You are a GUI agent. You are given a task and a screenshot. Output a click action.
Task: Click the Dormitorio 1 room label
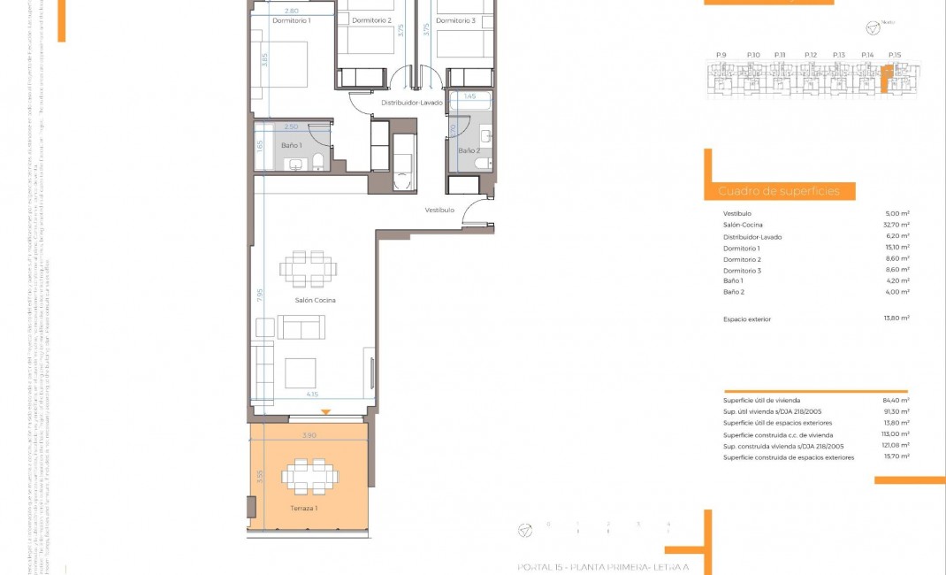291,20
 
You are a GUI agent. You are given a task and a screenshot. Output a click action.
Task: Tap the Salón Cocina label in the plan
316,301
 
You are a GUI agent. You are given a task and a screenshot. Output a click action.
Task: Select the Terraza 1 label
305,509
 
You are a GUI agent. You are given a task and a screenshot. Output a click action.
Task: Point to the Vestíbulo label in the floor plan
439,211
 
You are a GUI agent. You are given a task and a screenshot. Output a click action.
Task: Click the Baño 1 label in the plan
292,145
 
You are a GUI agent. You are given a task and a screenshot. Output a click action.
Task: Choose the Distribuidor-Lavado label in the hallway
411,103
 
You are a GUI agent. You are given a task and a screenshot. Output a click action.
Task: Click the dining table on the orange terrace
309,476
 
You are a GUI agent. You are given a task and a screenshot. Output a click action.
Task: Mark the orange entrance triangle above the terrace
326,412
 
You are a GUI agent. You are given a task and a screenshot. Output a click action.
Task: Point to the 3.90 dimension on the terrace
308,435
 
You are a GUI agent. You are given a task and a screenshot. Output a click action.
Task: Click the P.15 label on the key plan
895,56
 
